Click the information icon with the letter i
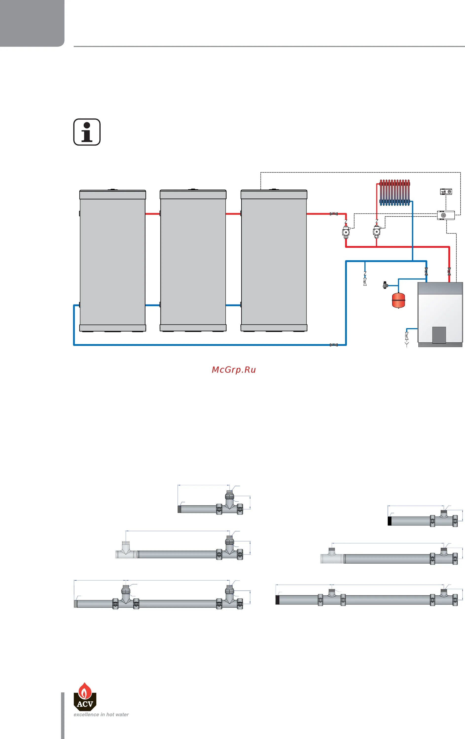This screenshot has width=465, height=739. [87, 132]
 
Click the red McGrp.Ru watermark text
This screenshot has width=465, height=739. [234, 370]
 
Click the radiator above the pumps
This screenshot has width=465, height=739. [395, 193]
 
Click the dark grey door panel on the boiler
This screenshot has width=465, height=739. [439, 335]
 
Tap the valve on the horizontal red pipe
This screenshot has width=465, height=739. [334, 214]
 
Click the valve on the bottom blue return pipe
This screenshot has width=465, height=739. [334, 345]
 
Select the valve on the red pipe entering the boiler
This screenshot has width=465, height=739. [449, 271]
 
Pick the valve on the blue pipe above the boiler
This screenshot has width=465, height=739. [426, 271]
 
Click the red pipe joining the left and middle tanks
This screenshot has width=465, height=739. [153, 214]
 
